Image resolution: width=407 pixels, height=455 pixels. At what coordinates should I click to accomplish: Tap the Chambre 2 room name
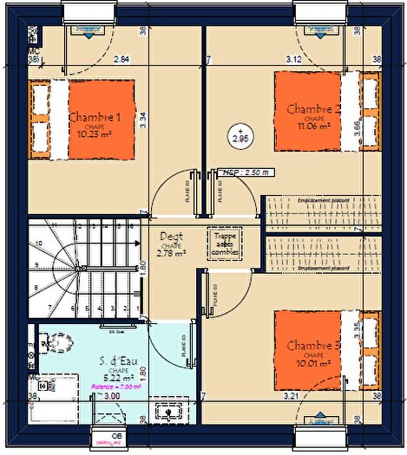point(311,109)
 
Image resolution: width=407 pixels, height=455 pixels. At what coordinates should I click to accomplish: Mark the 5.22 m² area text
point(118,377)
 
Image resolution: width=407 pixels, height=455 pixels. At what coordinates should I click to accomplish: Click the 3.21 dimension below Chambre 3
point(291,396)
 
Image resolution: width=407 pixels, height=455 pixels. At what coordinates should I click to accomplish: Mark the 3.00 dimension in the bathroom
point(112,396)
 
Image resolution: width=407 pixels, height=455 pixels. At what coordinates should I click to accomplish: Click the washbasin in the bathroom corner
point(163,410)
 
